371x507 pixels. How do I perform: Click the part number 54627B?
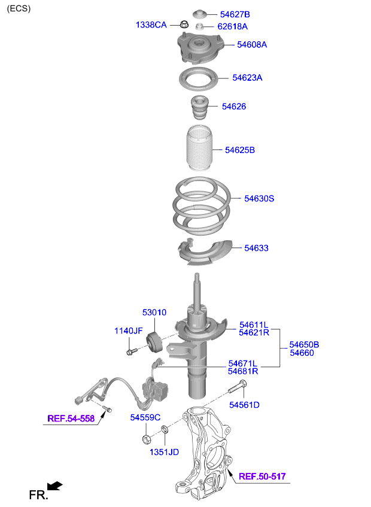point(235,14)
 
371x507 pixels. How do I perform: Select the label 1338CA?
point(151,25)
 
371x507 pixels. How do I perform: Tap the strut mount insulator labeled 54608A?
point(200,48)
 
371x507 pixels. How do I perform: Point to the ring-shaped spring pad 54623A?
point(199,87)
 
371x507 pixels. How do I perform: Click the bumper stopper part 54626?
point(199,108)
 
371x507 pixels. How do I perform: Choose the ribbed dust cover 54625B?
point(199,148)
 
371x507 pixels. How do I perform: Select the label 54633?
point(256,248)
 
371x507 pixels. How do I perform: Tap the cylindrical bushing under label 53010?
point(155,343)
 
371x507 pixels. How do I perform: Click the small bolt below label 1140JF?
point(132,351)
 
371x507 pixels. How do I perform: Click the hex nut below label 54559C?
point(146,439)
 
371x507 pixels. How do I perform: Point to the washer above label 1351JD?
point(165,429)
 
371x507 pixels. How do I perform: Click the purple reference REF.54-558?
point(71,419)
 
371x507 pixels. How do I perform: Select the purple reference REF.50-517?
point(262,477)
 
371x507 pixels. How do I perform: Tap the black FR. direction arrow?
point(54,486)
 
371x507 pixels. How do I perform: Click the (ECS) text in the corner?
point(19,8)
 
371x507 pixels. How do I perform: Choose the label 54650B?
point(305,345)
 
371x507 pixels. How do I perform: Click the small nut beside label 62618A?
point(199,26)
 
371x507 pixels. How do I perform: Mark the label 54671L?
point(243,364)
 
